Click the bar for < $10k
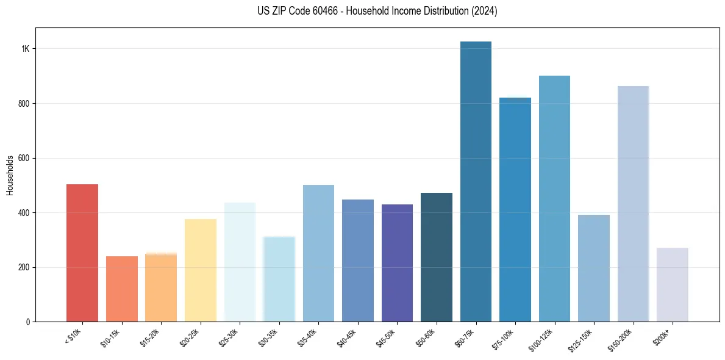point(82,253)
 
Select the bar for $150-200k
point(633,204)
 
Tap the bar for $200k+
point(673,284)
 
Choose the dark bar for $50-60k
point(437,257)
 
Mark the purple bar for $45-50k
point(397,263)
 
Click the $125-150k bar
point(594,268)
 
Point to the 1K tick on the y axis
point(25,49)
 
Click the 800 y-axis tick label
point(24,104)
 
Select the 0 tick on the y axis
point(28,322)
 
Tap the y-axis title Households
point(10,175)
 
